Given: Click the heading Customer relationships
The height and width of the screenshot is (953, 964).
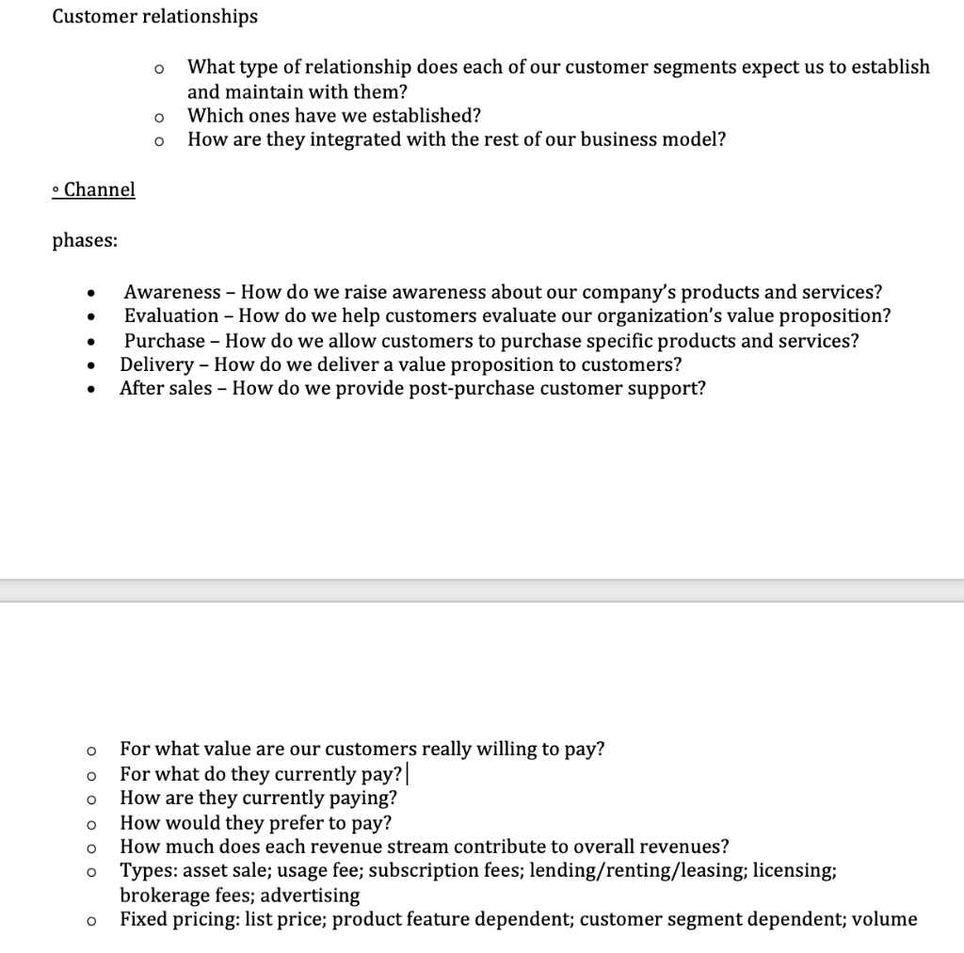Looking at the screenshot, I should [x=154, y=17].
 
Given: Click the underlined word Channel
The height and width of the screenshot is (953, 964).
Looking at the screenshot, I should [x=99, y=189].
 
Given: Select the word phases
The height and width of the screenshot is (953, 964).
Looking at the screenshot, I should [x=85, y=240].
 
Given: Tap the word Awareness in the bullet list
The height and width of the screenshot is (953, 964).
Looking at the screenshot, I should [x=172, y=292].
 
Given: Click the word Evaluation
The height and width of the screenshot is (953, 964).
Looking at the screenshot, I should [x=171, y=316].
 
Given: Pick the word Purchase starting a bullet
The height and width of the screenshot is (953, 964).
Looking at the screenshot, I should [x=164, y=341].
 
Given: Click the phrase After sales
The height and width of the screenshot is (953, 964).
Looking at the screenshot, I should [x=166, y=388].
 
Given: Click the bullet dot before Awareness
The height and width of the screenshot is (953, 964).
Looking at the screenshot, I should [x=90, y=293].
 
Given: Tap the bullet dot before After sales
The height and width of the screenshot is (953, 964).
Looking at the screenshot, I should [x=90, y=389].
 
